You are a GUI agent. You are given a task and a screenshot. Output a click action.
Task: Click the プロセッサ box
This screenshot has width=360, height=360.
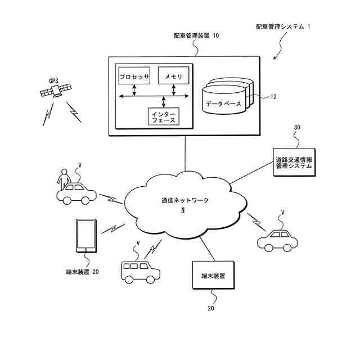coord(134,76)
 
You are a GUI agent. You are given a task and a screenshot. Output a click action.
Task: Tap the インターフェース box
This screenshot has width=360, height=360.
coord(163,116)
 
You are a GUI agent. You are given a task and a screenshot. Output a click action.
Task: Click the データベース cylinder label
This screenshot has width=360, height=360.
coord(223,104)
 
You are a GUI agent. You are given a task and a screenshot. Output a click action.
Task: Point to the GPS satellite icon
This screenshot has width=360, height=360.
coord(57,90)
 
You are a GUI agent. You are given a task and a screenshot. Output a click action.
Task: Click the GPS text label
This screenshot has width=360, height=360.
coord(53,80)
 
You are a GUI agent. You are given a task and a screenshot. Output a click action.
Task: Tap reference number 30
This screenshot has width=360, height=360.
coord(297,128)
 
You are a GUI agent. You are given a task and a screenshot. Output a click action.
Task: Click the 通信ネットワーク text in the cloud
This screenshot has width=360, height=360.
coord(182,201)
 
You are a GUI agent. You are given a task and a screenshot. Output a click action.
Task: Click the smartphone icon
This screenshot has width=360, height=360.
coord(85,235)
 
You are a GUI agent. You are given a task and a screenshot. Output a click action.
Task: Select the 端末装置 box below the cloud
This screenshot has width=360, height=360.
coord(213,276)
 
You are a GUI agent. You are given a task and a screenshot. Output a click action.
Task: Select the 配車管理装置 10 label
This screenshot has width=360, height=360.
coord(196,35)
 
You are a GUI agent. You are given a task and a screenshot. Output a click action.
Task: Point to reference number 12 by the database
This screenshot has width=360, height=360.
coord(273,97)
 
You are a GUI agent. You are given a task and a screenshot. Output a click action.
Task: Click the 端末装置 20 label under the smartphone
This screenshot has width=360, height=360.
coord(83,272)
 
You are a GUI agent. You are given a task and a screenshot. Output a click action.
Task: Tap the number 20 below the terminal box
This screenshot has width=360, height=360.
coord(211,308)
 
